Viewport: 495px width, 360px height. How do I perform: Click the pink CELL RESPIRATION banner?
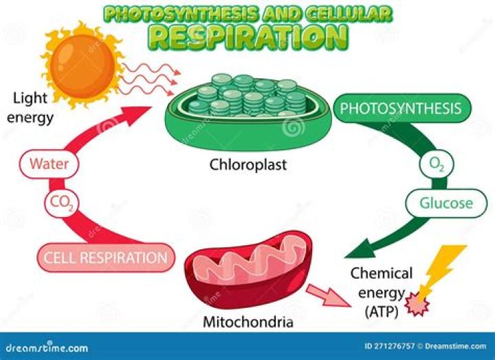tap(105, 259)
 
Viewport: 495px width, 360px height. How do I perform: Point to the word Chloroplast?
tap(248, 166)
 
